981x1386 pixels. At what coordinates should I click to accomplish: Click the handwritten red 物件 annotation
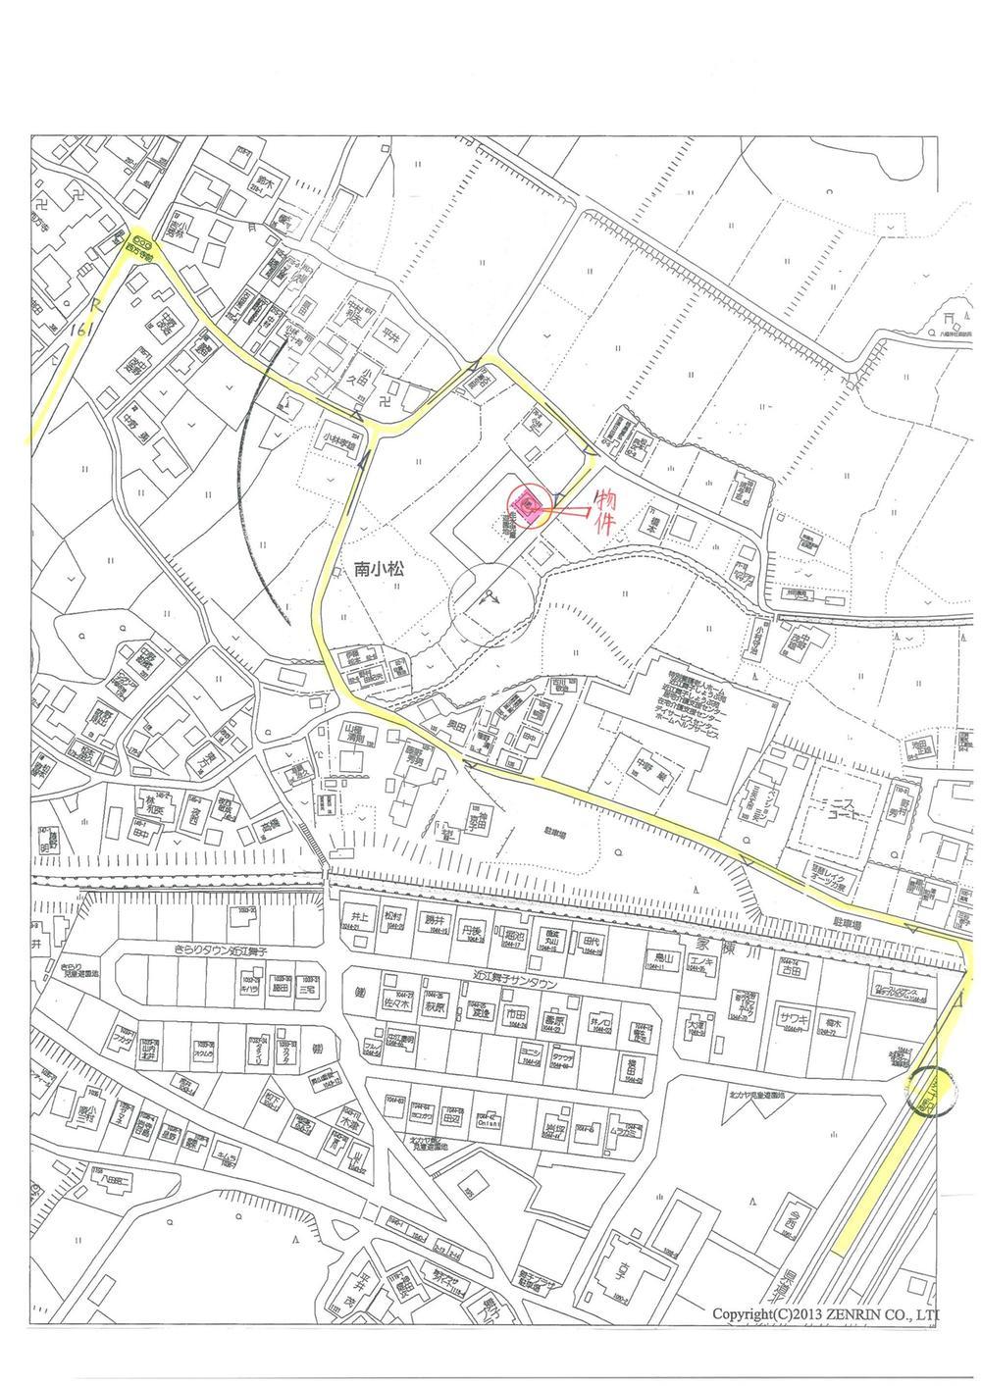coord(606,511)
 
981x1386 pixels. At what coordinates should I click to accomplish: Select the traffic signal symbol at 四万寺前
coord(139,236)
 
